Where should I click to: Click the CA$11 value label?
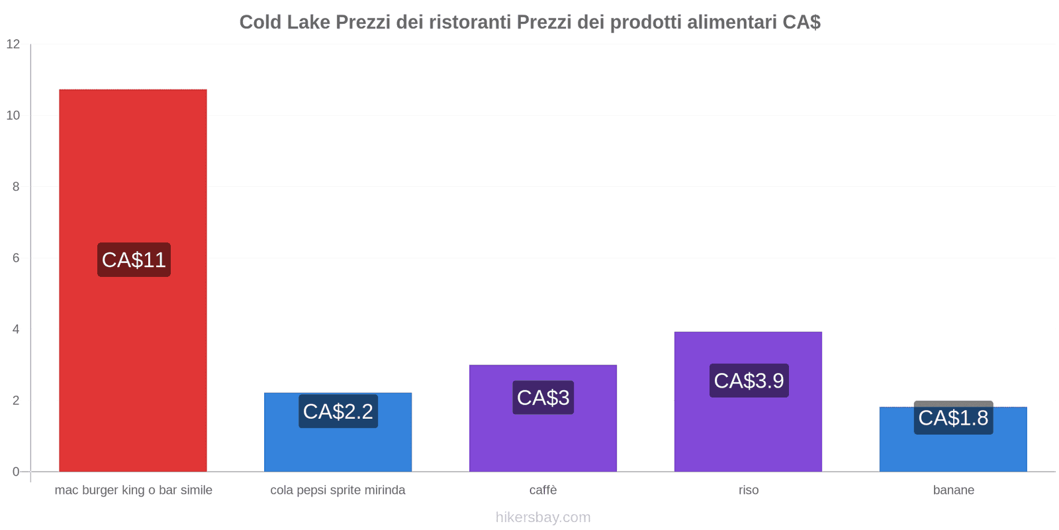pos(134,260)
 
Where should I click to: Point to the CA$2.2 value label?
pos(338,411)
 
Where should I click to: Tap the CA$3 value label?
pos(543,397)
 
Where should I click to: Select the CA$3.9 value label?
pos(749,381)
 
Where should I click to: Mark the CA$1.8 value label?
pos(953,418)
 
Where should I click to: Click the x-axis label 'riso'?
pos(749,490)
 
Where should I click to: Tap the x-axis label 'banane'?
pos(953,490)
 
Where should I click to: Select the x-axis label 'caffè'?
pos(543,490)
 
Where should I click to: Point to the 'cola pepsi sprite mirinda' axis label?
pos(338,490)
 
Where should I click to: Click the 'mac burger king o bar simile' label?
pos(134,490)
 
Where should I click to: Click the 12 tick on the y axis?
pos(13,44)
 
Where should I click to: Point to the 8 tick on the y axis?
pos(16,187)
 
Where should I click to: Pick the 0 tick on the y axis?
pos(16,472)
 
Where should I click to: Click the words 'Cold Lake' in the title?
pos(285,23)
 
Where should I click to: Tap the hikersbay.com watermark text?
pos(543,517)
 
